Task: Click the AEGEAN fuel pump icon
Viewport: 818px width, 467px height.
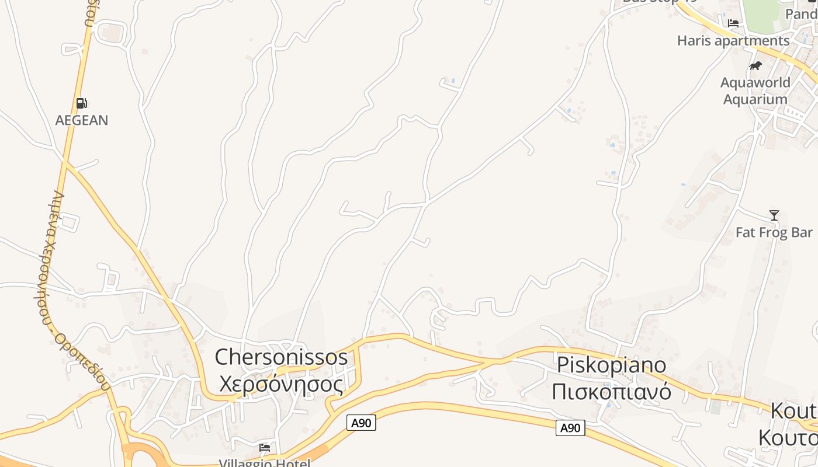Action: (81, 103)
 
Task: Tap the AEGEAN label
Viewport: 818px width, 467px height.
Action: (82, 120)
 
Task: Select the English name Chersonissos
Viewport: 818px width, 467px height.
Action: (281, 357)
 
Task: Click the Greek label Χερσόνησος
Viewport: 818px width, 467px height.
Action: (281, 384)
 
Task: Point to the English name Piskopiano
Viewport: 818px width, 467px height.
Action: (611, 364)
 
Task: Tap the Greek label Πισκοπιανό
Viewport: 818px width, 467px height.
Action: (611, 391)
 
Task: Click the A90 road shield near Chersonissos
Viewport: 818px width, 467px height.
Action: (361, 423)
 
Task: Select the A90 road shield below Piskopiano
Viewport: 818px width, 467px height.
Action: (570, 428)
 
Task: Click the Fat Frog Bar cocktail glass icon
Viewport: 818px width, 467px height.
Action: (774, 215)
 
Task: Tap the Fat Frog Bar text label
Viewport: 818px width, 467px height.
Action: (774, 232)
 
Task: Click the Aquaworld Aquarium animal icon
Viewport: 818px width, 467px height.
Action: (755, 65)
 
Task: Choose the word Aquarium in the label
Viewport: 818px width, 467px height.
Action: (755, 99)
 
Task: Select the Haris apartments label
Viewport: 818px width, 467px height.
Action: (733, 41)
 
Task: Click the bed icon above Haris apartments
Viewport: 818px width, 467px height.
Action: (733, 23)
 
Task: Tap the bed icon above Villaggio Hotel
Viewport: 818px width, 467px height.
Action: (265, 448)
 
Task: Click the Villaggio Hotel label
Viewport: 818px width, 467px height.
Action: (265, 463)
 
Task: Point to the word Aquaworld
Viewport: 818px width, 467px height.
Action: (755, 82)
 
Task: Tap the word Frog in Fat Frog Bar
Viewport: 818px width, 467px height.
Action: (774, 232)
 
